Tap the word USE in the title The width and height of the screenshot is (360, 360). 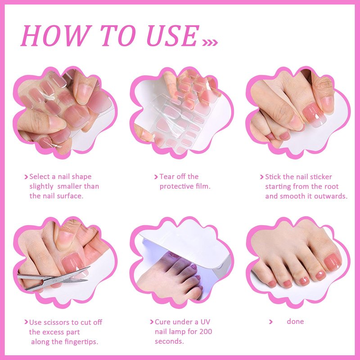point(173,36)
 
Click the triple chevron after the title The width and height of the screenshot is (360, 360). point(210,42)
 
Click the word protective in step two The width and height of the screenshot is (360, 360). point(176,186)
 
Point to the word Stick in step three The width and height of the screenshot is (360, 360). point(273,177)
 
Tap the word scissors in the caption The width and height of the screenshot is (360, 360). point(60,322)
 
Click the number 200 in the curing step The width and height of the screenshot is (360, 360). point(206,332)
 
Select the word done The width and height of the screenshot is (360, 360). point(295,321)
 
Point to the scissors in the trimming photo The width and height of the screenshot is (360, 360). point(54,278)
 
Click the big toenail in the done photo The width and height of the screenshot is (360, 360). point(333,262)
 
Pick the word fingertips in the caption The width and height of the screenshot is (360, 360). point(81,342)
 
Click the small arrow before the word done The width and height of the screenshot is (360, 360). point(271,322)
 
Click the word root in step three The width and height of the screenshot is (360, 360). point(331,187)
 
